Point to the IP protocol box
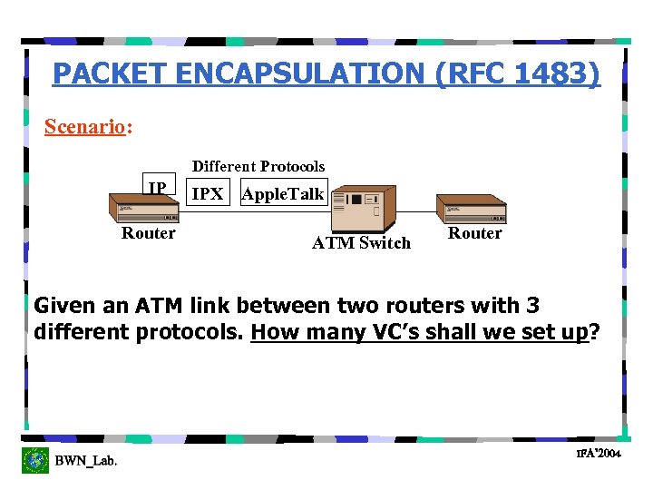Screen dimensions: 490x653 [157, 188]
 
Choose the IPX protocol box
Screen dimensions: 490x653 [208, 193]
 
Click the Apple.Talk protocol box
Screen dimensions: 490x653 [282, 193]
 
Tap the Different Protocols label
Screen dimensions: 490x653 [258, 166]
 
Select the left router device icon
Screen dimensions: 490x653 [142, 209]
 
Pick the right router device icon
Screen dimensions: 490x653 [472, 210]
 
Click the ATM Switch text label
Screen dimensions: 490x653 [361, 242]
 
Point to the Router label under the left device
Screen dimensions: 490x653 [149, 233]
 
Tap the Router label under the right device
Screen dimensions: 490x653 [474, 233]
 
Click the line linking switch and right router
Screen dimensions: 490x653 [416, 211]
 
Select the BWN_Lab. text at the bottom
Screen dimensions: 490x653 [85, 461]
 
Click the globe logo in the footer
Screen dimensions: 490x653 [35, 460]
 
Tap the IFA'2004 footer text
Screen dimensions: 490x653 [599, 453]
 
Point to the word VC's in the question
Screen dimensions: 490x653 [402, 331]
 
